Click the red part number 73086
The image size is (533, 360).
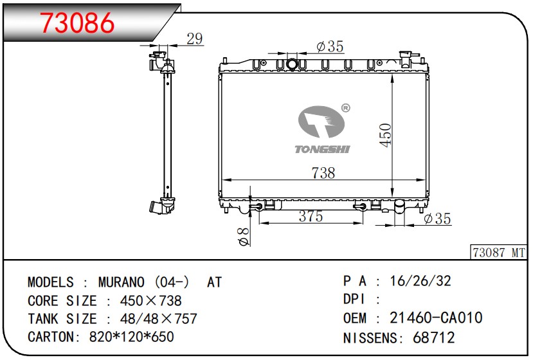[x=78, y=22]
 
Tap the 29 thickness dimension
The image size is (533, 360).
[x=194, y=39]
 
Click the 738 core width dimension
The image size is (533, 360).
[x=323, y=173]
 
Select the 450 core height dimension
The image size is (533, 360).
[x=386, y=135]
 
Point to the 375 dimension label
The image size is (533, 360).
[x=311, y=216]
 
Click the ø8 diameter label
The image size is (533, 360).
[x=244, y=237]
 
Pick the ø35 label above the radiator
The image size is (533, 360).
[x=330, y=46]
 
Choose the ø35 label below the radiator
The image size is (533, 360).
[x=437, y=218]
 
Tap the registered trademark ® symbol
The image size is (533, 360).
[x=345, y=108]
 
